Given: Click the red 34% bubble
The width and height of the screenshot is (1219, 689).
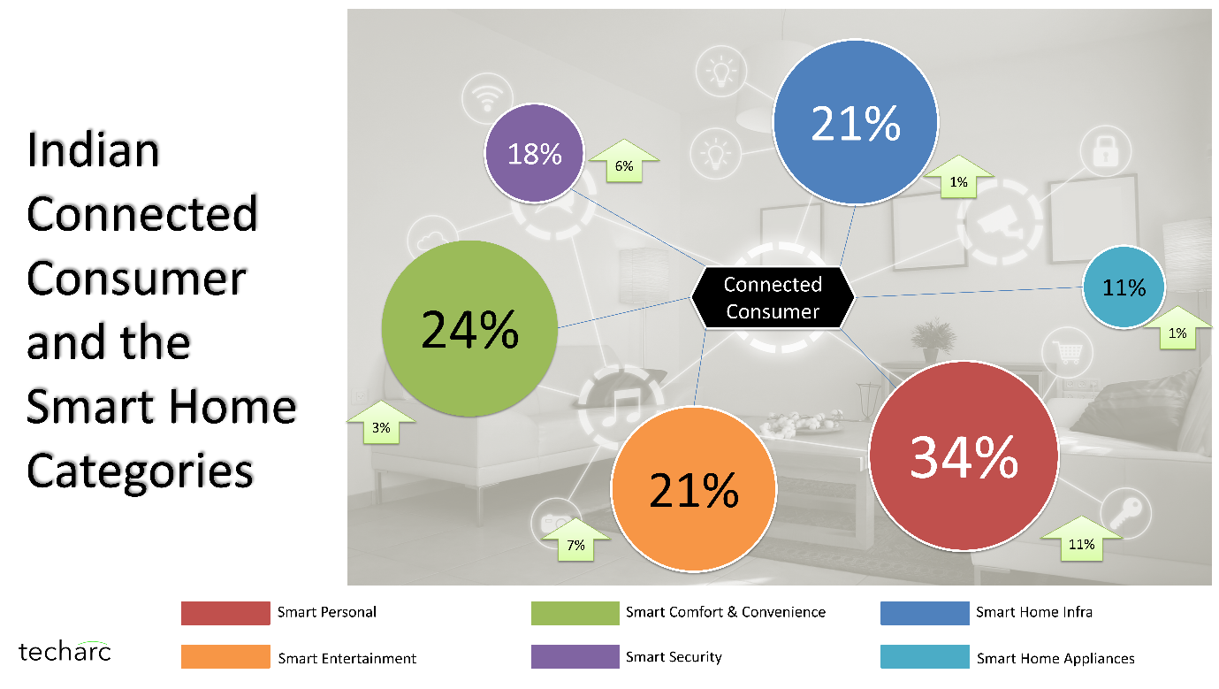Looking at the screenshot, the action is point(964,456).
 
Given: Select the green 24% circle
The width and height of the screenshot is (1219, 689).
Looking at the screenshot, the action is point(469,328).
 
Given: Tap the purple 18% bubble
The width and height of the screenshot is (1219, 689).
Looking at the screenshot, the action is point(534,153).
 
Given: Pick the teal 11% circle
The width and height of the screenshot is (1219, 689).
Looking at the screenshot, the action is point(1124,287).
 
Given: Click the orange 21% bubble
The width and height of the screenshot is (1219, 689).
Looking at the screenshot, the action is point(694,489).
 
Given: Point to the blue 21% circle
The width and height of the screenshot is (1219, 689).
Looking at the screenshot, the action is point(856,123).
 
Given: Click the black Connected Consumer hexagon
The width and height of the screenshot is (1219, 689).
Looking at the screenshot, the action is point(773,297).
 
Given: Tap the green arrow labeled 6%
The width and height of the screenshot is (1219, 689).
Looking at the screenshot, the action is point(624,161).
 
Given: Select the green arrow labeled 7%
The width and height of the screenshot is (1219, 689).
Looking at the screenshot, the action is point(575,540).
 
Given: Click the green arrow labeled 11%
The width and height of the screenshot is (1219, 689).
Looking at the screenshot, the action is point(1081,539).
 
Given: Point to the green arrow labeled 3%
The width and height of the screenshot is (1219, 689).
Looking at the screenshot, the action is point(381,423).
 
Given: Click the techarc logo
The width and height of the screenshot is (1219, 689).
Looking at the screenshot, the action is point(65,651).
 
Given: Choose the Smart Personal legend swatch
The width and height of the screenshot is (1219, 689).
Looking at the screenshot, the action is point(225,613).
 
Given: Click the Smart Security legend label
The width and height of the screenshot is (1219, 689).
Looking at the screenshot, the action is point(674,657).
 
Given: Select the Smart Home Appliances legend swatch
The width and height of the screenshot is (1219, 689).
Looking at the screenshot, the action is point(925,656).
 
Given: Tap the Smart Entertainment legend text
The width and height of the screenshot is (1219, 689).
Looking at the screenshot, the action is point(347,659).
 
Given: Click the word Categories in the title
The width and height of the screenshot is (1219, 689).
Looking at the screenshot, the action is point(140,471).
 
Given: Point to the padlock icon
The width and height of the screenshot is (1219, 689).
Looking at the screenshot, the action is point(1106,151).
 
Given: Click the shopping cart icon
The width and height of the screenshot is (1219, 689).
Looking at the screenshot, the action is point(1068,352).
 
